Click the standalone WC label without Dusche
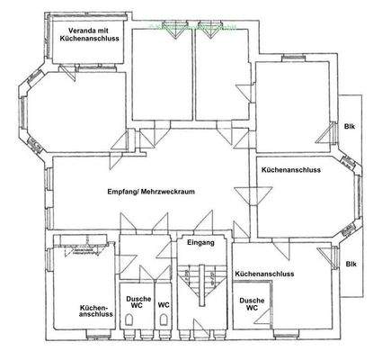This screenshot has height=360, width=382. pos(164,305)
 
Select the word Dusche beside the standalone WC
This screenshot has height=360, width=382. pos(138,298)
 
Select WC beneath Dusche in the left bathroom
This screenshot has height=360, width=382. pos(138,307)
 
